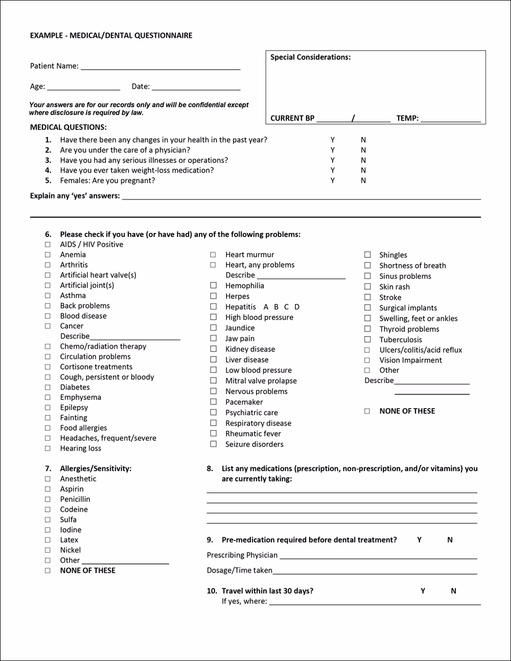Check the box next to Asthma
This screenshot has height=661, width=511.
click(x=48, y=296)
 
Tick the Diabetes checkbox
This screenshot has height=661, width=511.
click(x=48, y=388)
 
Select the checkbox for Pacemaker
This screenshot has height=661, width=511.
click(x=214, y=402)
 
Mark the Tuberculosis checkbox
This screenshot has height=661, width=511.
click(x=367, y=340)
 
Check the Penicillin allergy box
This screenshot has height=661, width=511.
click(x=48, y=500)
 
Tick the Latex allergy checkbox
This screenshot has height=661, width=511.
click(x=48, y=540)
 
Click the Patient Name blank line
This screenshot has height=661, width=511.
click(x=160, y=67)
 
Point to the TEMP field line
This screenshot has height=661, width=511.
click(x=451, y=120)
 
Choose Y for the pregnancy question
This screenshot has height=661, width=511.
click(x=333, y=181)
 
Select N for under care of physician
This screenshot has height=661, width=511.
click(x=363, y=150)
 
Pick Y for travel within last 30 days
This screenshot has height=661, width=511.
click(x=423, y=591)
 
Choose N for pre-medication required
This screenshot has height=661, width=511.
click(x=450, y=540)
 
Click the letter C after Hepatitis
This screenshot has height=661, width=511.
click(x=287, y=307)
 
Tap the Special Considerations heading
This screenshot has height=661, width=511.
click(x=310, y=57)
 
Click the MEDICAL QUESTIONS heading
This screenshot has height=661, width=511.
click(x=68, y=127)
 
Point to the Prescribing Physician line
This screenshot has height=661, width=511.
click(x=378, y=557)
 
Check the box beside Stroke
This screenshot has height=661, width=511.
click(x=367, y=297)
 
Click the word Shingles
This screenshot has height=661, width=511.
click(x=393, y=255)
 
